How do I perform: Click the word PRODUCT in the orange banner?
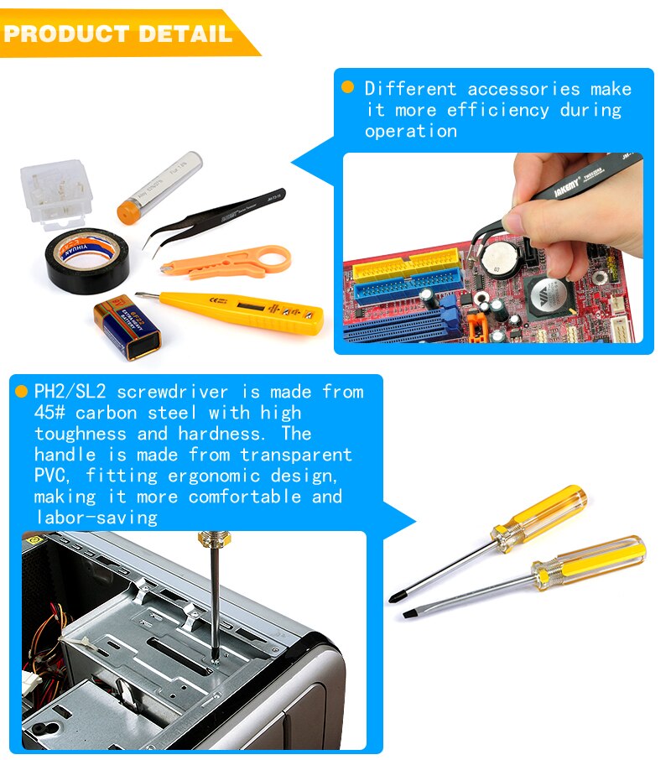pos(60,34)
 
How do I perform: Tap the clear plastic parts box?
pos(55,192)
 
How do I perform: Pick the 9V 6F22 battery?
pos(127,327)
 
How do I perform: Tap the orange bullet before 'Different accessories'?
pos(347,87)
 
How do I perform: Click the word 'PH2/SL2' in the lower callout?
pos(70,392)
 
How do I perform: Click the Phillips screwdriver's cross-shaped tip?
pos(394,597)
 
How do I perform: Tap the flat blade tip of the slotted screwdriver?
pos(408,615)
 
